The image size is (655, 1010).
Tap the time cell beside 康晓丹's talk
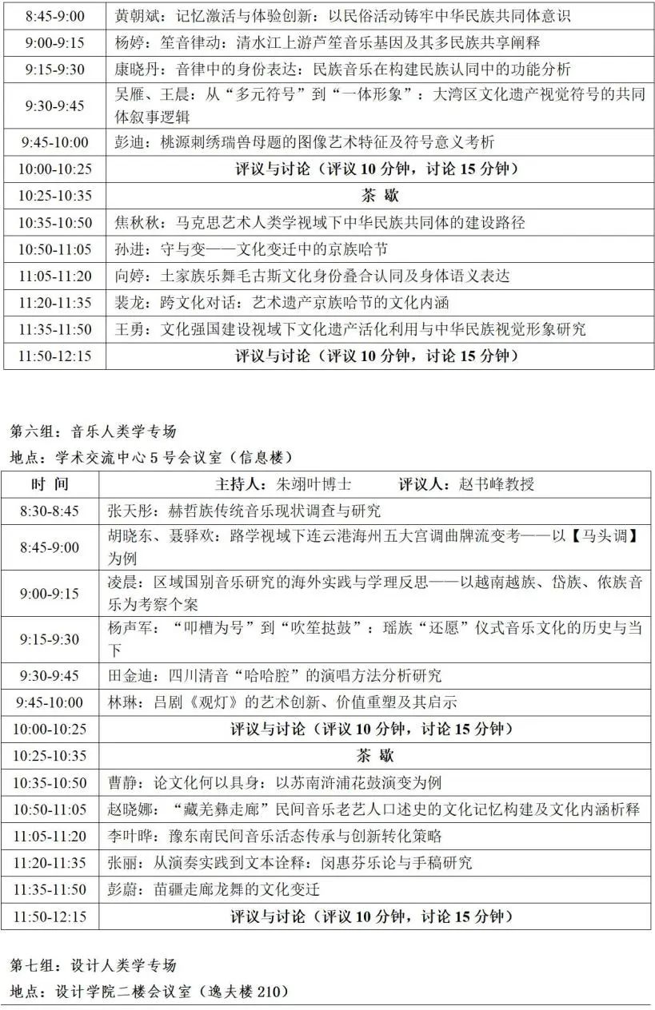[x=54, y=70]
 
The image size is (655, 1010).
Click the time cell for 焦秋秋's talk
[x=54, y=223]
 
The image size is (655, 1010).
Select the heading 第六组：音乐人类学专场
[x=93, y=432]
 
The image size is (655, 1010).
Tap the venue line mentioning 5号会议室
[x=151, y=458]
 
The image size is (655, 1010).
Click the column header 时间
[x=50, y=484]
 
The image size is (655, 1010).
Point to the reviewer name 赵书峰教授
[x=497, y=484]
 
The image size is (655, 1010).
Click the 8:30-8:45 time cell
[x=50, y=511]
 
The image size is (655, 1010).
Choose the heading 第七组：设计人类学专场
[x=93, y=966]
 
